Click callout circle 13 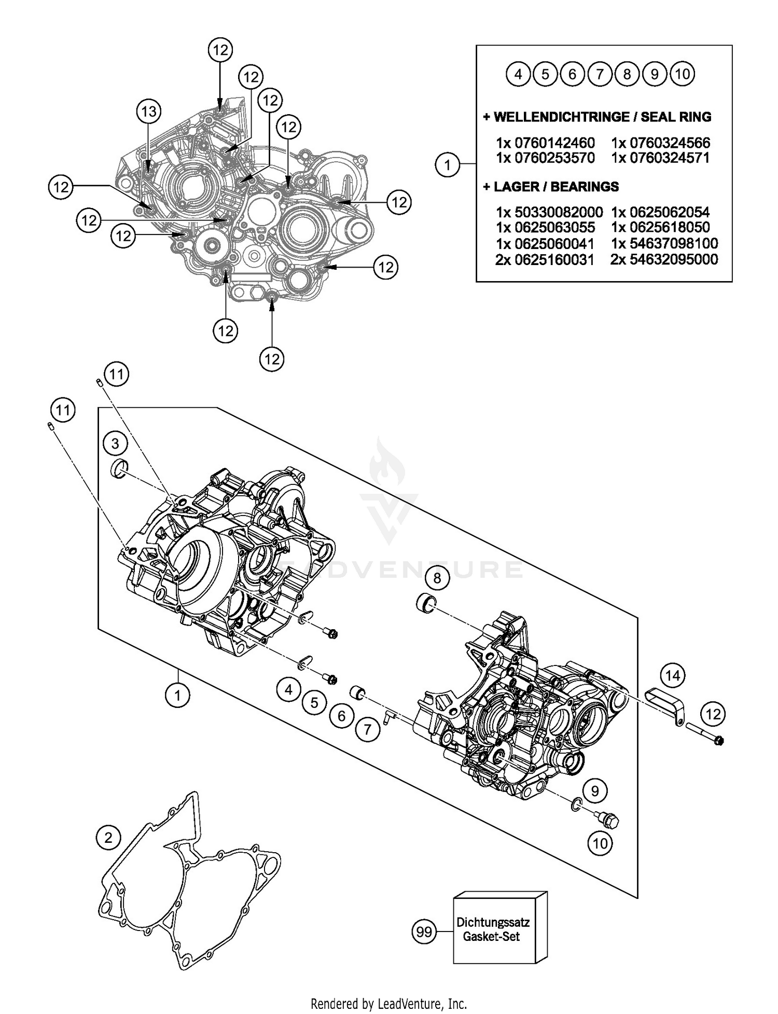point(149,111)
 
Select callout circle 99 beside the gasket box point(424,932)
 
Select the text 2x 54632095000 point(664,259)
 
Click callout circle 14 point(672,675)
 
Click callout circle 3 point(115,443)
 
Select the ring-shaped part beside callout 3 point(120,469)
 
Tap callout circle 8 point(437,578)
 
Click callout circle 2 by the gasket point(108,838)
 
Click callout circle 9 point(595,791)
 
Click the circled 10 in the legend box point(683,74)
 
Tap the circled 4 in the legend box point(518,74)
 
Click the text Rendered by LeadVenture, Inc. point(388,1004)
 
